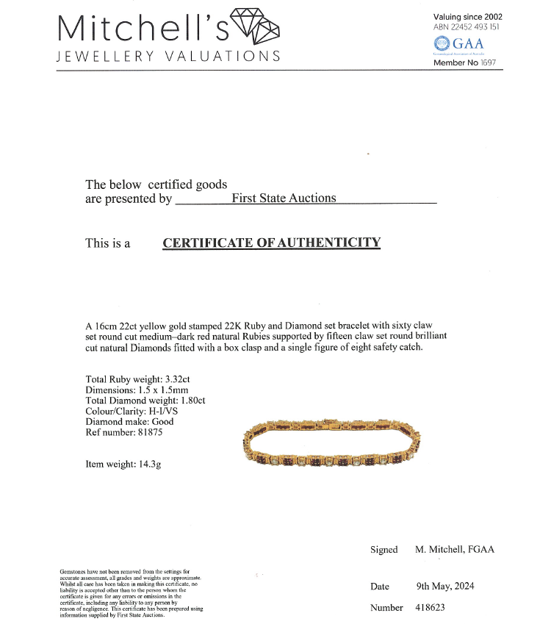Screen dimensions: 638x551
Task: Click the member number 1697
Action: point(489,62)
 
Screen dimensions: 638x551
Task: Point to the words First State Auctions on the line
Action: point(284,198)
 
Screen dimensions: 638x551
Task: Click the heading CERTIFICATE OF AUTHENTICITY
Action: point(271,243)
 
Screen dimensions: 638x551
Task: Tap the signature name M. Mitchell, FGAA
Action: point(455,550)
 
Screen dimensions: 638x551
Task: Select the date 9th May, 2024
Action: point(444,586)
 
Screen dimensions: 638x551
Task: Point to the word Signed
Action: point(383,550)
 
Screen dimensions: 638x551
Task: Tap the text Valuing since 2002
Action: point(468,16)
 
